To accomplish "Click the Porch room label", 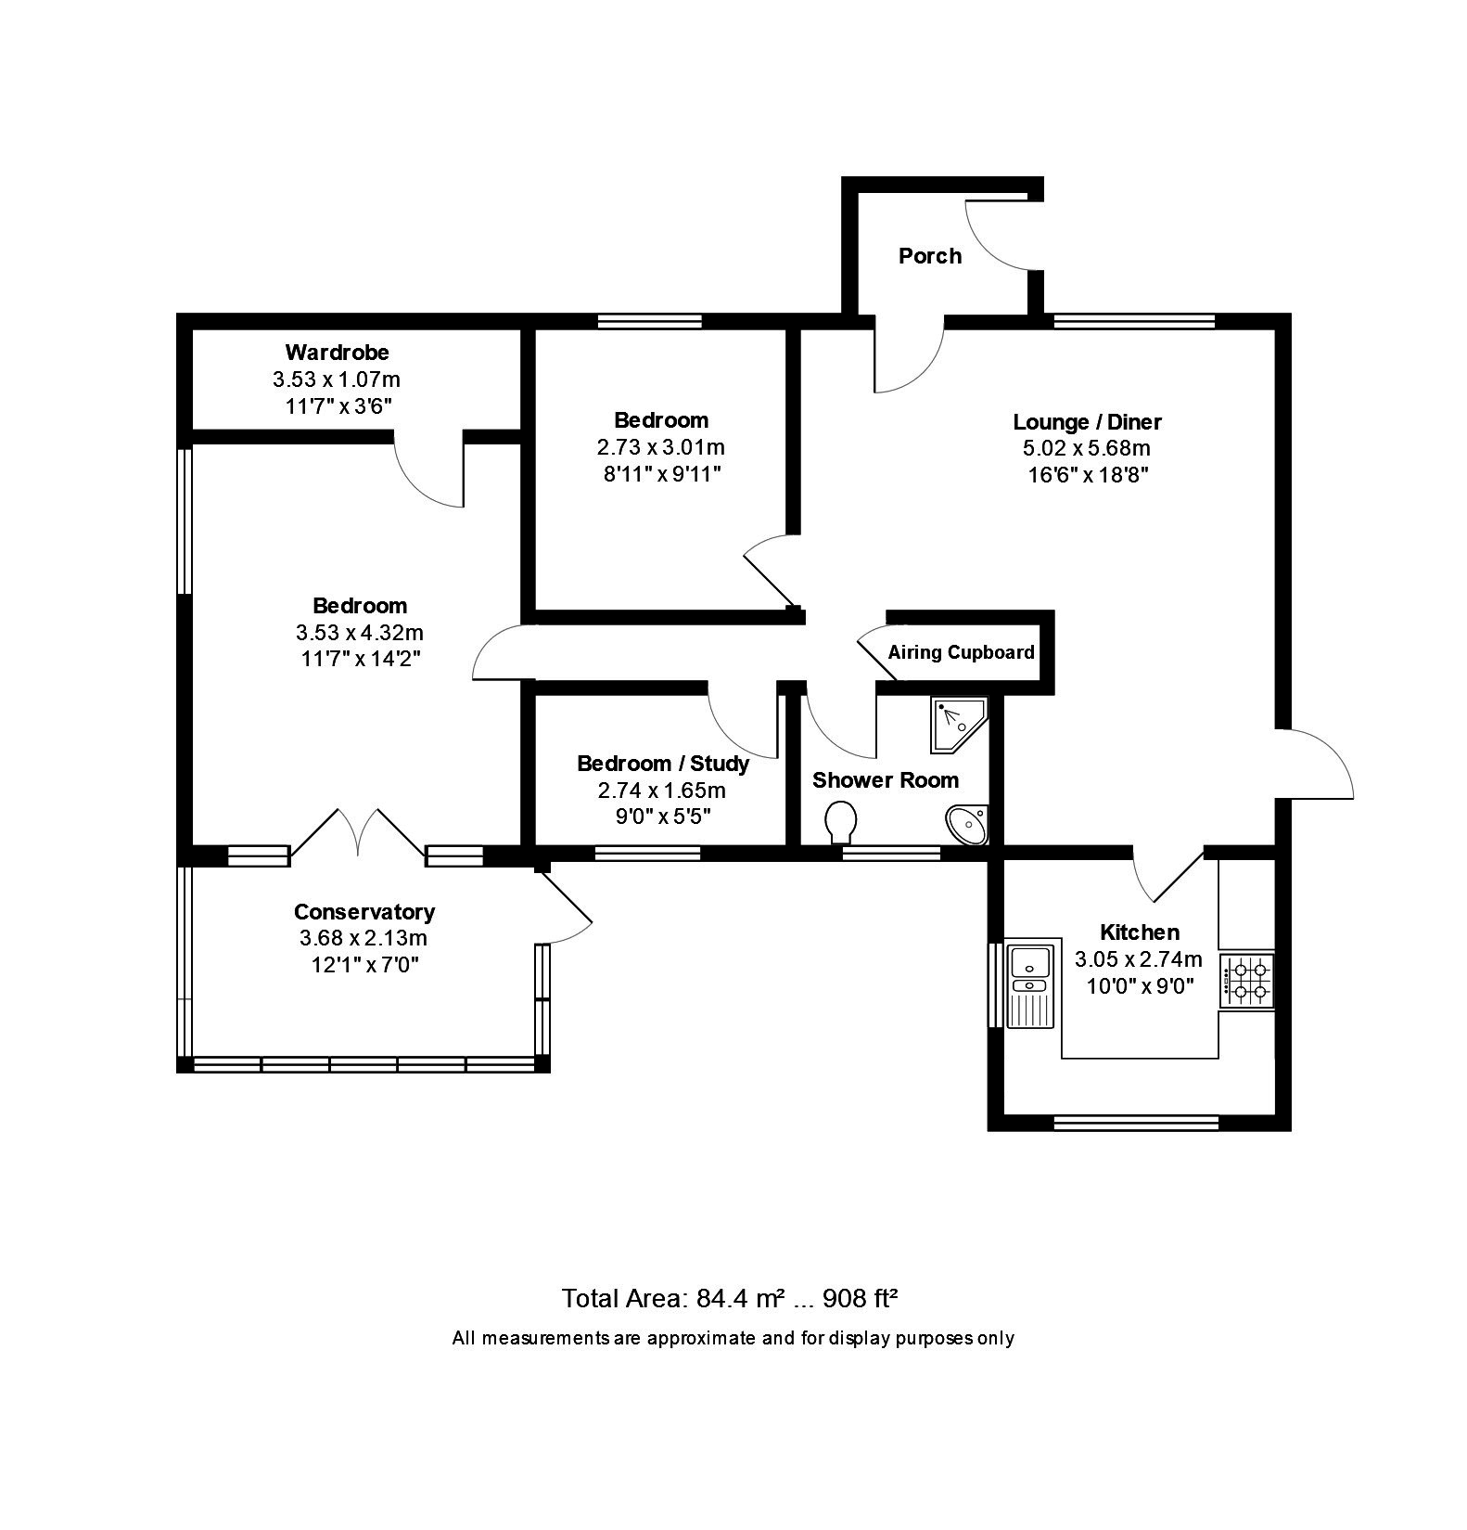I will coord(929,256).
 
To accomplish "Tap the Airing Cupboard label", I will coord(961,652).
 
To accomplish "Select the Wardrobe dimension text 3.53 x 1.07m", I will coord(337,379).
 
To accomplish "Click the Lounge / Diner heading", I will coord(1087,422).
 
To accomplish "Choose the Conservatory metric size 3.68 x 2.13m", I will coord(364,938).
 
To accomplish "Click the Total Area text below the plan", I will coord(730,1298).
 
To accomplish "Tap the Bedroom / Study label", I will coord(663,764).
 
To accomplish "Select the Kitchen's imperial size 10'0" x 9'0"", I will coord(1140,985).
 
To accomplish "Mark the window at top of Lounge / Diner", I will coord(1134,321).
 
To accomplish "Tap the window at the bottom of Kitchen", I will coord(1136,1123).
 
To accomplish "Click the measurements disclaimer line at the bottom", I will coord(733,1338).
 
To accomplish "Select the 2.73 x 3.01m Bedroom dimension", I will coord(661,447).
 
